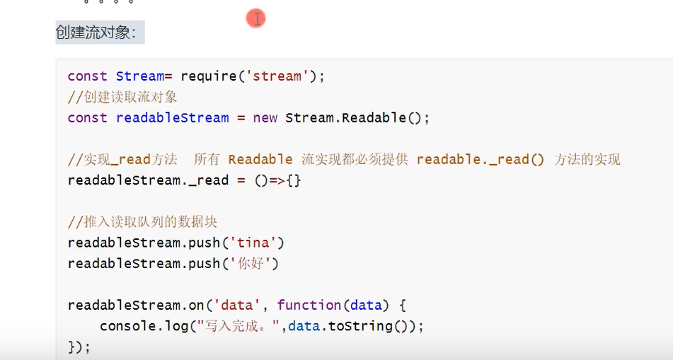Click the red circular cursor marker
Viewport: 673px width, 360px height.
click(x=255, y=19)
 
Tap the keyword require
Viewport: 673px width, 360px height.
click(x=209, y=76)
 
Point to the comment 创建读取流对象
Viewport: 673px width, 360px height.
click(x=122, y=97)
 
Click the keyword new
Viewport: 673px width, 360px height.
click(x=265, y=117)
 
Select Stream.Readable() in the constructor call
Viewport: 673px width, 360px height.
click(x=357, y=117)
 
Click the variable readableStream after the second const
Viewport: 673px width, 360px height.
click(x=173, y=117)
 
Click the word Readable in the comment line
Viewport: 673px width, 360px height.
click(x=260, y=159)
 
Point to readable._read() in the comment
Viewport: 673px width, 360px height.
click(x=481, y=159)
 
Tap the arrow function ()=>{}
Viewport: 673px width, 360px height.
click(x=278, y=180)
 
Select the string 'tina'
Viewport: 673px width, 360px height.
click(x=253, y=243)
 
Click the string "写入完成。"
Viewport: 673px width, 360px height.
click(x=236, y=326)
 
